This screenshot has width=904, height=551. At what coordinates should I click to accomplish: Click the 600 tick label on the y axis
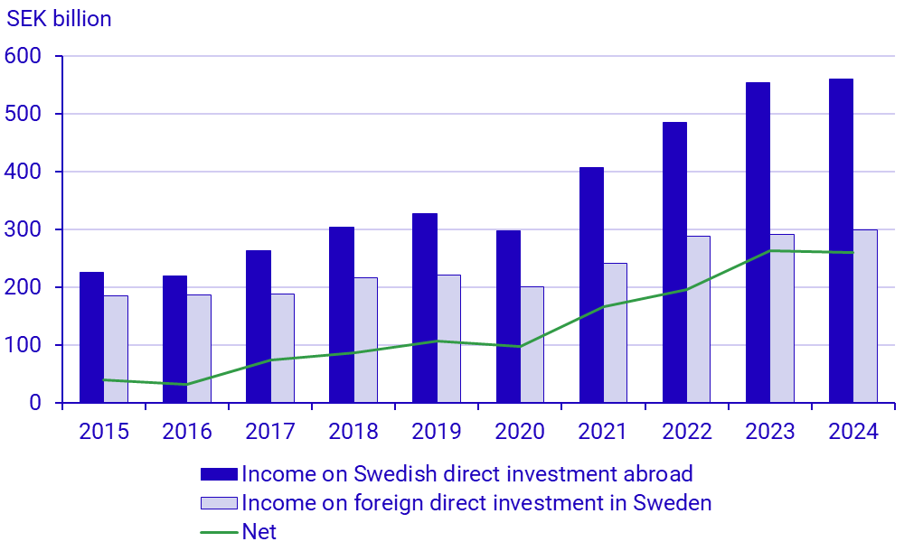tap(24, 56)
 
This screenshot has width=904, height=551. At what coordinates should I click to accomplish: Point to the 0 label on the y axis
tap(36, 403)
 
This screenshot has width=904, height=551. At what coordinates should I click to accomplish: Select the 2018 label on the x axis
tap(353, 432)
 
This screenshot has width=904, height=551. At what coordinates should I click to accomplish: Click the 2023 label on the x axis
tap(769, 432)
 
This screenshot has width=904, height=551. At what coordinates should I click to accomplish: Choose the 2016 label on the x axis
tap(187, 432)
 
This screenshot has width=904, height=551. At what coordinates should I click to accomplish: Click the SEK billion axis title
tap(60, 19)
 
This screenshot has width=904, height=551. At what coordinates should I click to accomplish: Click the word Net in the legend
tap(259, 532)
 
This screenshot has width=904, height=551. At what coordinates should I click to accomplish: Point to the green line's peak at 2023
tap(769, 250)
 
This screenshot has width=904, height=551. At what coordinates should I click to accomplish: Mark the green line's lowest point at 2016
tap(187, 385)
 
